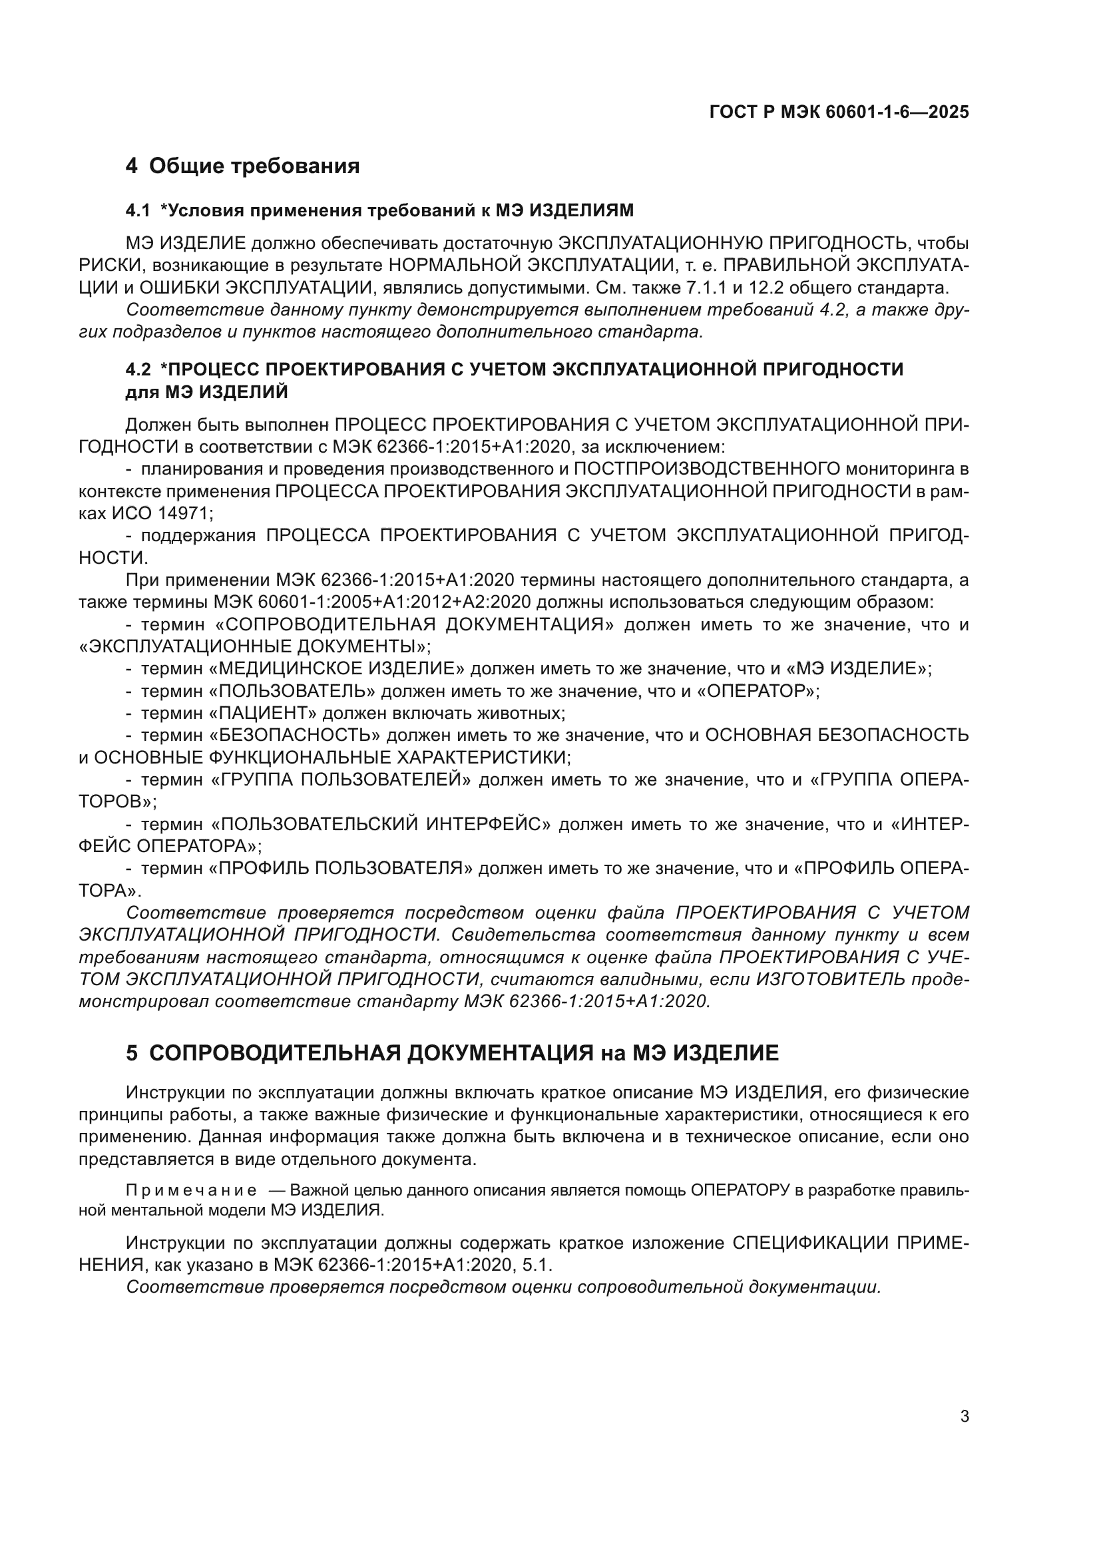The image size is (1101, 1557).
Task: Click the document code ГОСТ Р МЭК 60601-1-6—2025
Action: click(839, 112)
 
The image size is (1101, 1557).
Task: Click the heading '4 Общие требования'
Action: click(242, 166)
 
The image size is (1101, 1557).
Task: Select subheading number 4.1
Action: click(138, 211)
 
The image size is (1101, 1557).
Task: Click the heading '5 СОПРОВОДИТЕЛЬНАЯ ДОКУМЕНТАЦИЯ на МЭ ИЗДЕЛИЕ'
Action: click(452, 1053)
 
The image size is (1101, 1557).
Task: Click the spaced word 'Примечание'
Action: click(191, 1192)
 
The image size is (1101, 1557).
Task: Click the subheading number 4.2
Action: click(138, 369)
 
